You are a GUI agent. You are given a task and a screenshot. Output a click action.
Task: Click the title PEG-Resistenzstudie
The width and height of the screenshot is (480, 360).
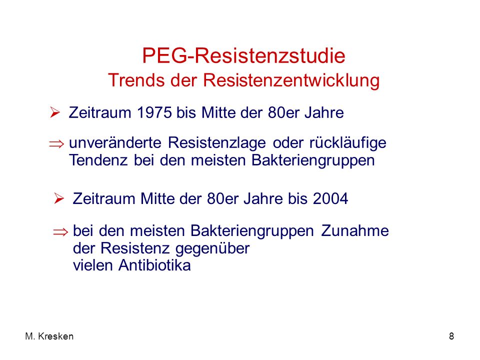(x=243, y=55)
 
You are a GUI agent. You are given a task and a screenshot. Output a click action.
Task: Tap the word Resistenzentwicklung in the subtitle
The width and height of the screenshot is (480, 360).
(x=291, y=80)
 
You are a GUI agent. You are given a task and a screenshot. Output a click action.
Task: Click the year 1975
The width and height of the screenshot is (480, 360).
(x=154, y=112)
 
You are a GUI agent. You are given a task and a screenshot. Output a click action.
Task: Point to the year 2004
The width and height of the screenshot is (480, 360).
(x=330, y=198)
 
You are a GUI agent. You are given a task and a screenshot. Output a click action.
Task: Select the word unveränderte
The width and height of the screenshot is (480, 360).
(x=115, y=142)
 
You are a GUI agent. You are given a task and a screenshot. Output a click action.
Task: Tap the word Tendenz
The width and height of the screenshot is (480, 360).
(x=98, y=160)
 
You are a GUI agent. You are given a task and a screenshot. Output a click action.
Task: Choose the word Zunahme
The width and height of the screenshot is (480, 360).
(x=355, y=230)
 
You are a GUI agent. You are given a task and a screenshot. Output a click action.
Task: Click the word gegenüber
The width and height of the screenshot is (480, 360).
(x=213, y=248)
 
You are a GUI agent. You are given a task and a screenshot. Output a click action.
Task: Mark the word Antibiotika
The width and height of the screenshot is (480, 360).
(x=154, y=265)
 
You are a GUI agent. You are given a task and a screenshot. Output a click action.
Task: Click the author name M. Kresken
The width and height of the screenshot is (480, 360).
(x=49, y=336)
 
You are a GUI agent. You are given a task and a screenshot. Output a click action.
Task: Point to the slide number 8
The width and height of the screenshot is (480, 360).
(x=451, y=336)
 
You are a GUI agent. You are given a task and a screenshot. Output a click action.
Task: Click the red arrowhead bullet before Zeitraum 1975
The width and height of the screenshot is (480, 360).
(x=55, y=112)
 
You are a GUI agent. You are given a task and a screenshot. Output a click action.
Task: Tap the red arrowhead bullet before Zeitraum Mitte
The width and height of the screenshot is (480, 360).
(x=59, y=198)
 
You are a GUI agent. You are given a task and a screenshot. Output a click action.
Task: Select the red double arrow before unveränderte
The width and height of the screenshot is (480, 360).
(x=56, y=144)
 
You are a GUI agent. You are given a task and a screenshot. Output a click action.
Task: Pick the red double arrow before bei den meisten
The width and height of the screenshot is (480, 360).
(x=60, y=232)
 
